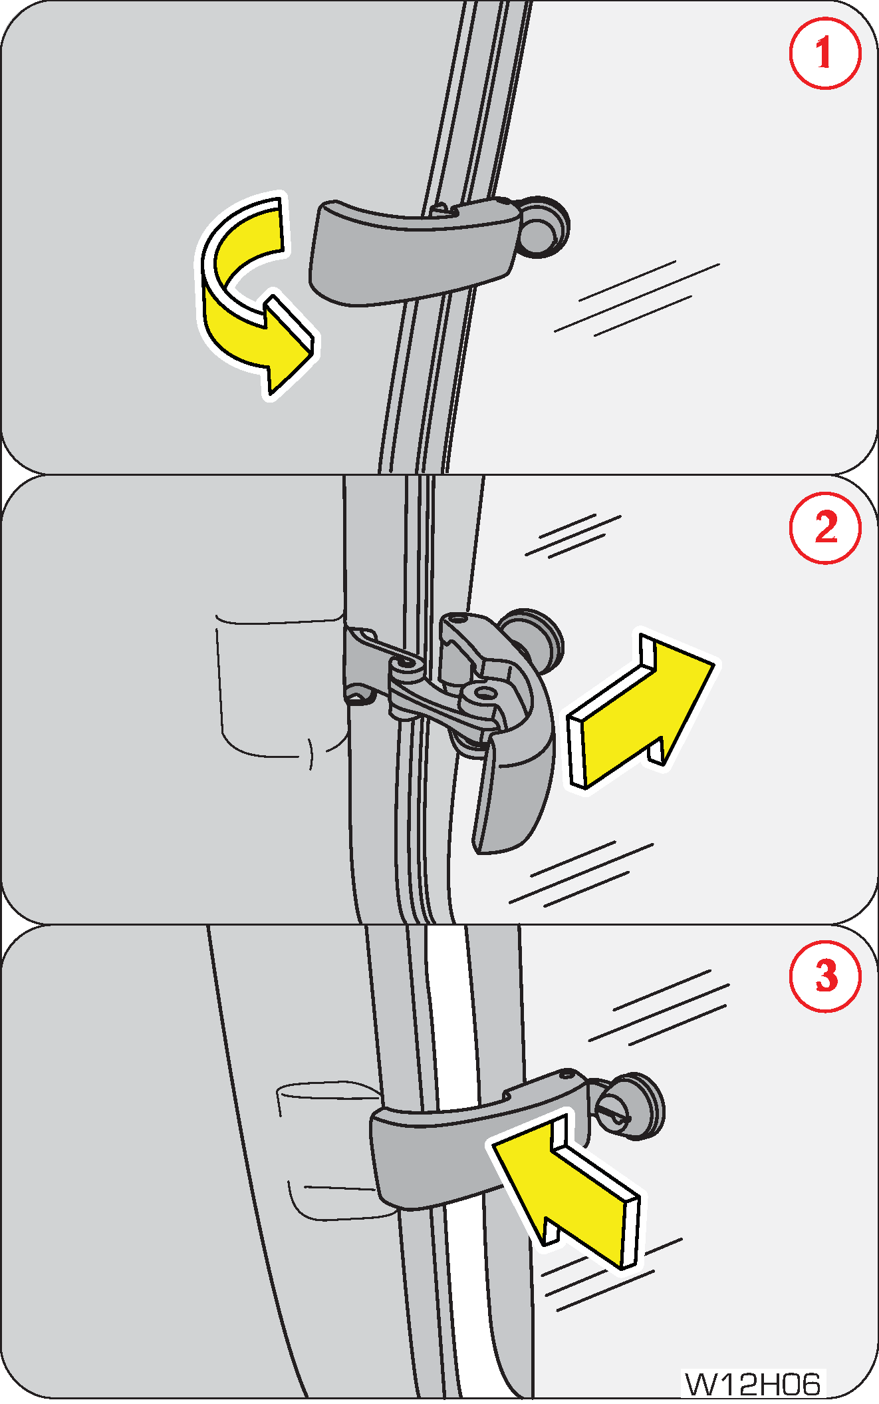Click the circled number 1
825,53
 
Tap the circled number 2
825,528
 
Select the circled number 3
825,976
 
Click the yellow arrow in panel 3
565,1191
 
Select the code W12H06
753,1385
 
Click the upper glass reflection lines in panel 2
573,535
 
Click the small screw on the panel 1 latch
439,209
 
